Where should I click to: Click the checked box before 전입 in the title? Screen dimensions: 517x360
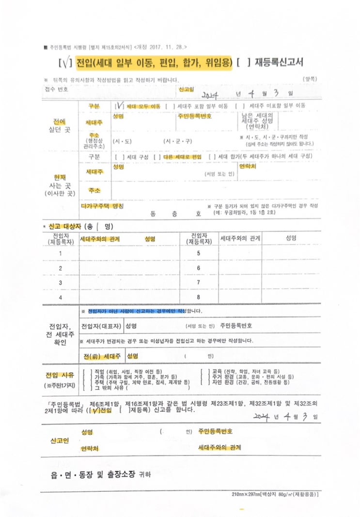(x=64, y=63)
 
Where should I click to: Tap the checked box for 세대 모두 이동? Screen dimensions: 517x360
(x=119, y=106)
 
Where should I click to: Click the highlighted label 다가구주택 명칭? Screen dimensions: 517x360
(x=102, y=206)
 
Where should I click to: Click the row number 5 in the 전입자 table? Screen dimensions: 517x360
(x=199, y=253)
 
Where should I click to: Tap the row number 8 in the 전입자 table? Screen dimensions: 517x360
(x=199, y=297)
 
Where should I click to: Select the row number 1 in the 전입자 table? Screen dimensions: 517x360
(x=61, y=253)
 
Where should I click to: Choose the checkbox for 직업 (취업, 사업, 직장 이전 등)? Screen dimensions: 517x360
(x=85, y=372)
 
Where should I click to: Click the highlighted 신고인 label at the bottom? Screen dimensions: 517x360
(x=60, y=440)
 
